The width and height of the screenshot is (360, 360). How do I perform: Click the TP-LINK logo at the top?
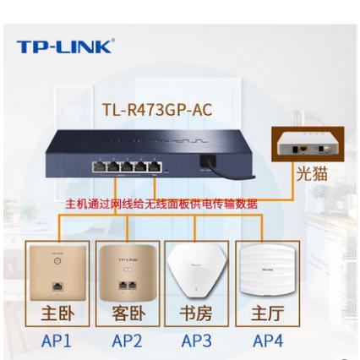66,46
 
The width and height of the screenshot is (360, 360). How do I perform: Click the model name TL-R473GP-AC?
157,110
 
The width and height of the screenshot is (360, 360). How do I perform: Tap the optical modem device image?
308,144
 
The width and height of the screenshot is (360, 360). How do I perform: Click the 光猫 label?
312,173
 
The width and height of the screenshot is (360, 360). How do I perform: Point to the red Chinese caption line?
161,204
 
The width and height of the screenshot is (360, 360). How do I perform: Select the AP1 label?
57,341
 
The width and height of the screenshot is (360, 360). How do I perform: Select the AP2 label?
127,341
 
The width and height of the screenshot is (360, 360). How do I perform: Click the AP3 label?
196,341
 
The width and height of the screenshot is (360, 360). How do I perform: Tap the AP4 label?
268,341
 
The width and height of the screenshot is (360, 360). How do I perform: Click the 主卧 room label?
57,314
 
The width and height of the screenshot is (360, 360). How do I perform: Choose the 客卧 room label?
128,314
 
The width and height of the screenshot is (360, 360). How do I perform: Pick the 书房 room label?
196,314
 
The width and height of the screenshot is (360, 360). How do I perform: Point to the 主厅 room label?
267,314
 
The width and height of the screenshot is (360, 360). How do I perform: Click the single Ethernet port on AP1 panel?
57,286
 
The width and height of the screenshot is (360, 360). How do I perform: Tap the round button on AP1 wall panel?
57,260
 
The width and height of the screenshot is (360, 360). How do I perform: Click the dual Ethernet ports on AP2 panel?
128,285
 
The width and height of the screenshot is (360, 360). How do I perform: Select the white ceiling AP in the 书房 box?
196,271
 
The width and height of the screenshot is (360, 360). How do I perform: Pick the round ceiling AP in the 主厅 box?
267,270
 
